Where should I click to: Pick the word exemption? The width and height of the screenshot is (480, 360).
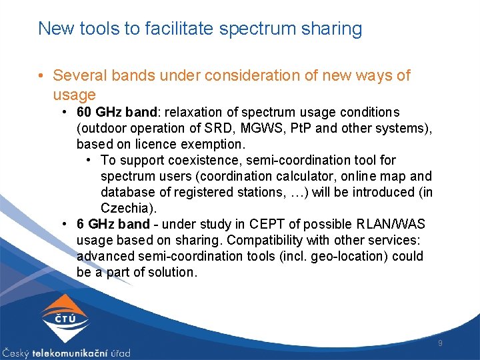pyautogui.click(x=213, y=144)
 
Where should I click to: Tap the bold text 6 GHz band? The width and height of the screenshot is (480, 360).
pyautogui.click(x=113, y=224)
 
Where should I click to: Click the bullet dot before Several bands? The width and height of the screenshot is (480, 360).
pyautogui.click(x=42, y=77)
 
